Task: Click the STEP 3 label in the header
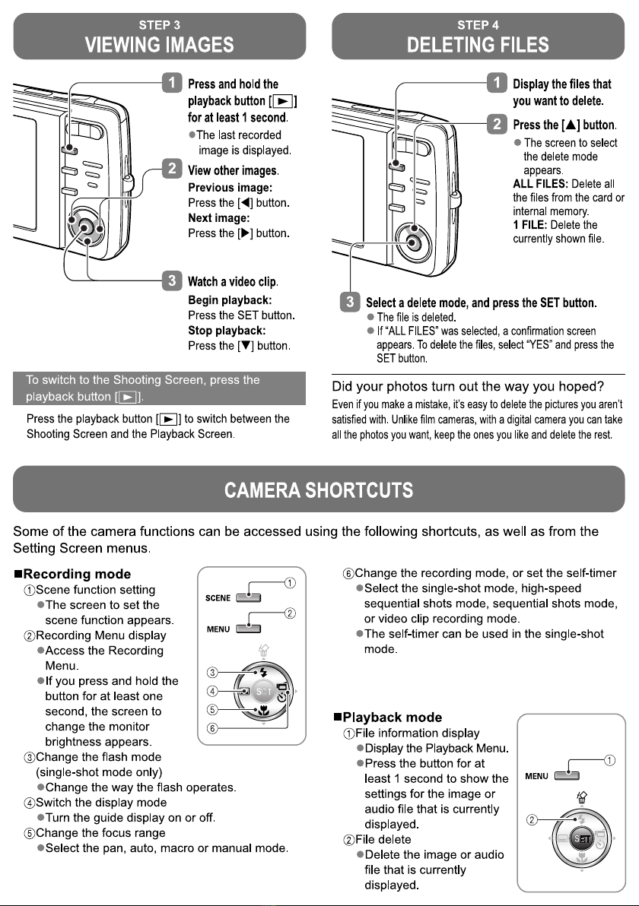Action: tap(159, 25)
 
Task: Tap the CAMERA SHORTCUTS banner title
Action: tap(319, 490)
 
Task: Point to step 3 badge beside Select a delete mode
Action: tap(349, 303)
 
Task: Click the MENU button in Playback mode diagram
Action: tap(567, 776)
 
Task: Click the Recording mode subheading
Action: tap(72, 573)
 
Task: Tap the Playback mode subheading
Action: tap(393, 717)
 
